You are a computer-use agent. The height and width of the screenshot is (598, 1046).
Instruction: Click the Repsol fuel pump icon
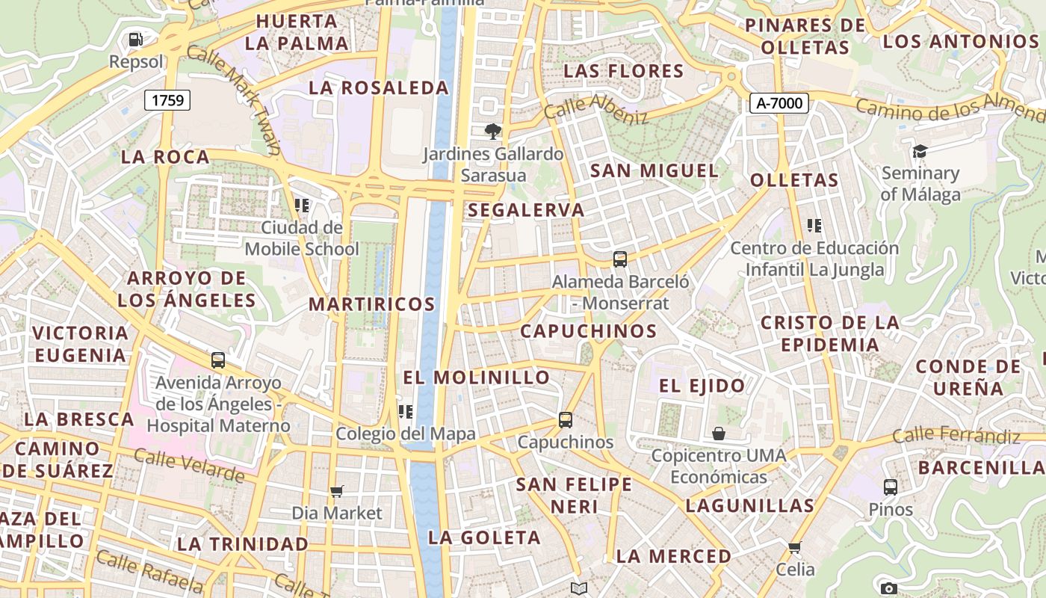[x=135, y=39]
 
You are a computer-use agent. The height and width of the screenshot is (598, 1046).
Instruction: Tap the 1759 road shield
[x=167, y=100]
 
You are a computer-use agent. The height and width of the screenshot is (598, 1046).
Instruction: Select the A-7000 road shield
[x=779, y=103]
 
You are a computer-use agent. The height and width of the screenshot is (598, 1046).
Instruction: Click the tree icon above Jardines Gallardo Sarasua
[x=492, y=132]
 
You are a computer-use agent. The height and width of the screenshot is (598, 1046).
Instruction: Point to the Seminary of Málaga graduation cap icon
[x=919, y=152]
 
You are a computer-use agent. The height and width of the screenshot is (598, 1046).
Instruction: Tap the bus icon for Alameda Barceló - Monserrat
[x=620, y=259]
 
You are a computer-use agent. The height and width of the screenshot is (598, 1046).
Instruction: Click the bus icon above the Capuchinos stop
[x=566, y=419]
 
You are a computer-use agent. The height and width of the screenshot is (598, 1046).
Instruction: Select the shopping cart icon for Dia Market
[x=337, y=491]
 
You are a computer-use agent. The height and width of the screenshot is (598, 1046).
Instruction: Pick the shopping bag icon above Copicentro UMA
[x=718, y=434]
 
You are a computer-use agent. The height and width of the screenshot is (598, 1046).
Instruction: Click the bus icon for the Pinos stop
[x=890, y=487]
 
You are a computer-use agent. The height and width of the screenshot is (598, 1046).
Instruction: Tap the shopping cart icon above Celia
[x=795, y=548]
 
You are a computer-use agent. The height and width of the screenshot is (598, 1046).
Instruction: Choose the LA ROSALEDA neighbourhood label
[x=379, y=88]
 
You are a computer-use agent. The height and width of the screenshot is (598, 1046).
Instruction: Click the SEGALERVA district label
[x=526, y=210]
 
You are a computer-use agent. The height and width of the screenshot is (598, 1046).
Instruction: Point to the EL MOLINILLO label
[x=477, y=377]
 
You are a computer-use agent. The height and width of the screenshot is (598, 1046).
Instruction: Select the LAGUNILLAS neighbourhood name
[x=749, y=506]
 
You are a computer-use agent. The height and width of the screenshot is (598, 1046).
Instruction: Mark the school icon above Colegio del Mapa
[x=406, y=411]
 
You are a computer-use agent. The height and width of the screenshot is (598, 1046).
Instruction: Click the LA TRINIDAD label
[x=242, y=544]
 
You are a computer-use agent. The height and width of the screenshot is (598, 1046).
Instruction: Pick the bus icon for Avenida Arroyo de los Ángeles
[x=218, y=360]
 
